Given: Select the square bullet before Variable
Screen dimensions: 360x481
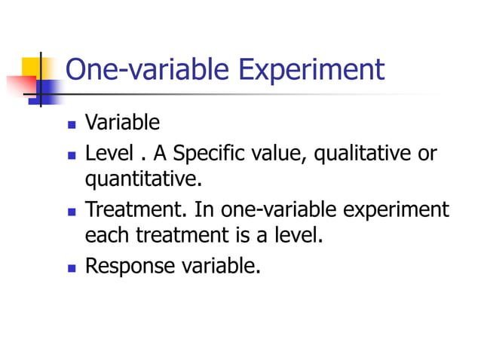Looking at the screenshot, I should tap(72, 124).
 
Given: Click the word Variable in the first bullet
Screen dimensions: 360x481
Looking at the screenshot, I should tap(122, 122).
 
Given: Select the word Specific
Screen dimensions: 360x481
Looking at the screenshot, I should tap(204, 154).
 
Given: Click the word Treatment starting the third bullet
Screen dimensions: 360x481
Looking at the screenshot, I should tap(136, 209).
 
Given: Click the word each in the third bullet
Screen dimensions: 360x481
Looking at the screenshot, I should tap(108, 236).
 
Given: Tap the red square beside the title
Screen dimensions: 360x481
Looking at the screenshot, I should tap(17, 85).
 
